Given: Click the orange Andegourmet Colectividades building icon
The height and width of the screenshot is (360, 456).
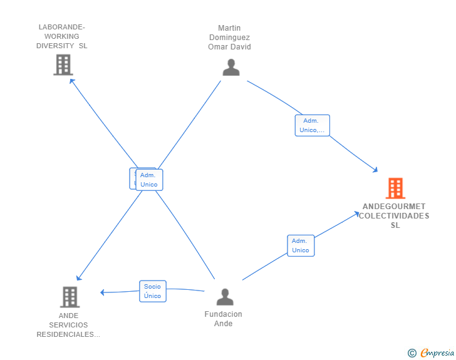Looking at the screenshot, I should pyautogui.click(x=395, y=188).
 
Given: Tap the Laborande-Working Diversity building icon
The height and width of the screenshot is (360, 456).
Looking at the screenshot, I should pyautogui.click(x=63, y=64).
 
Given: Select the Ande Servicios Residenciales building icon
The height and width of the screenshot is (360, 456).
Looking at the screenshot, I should pyautogui.click(x=70, y=297).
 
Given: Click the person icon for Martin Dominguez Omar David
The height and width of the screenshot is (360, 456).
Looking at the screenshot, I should pyautogui.click(x=231, y=67).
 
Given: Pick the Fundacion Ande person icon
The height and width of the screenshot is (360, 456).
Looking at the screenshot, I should pyautogui.click(x=224, y=297).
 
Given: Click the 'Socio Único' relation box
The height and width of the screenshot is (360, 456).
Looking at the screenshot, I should pyautogui.click(x=153, y=291).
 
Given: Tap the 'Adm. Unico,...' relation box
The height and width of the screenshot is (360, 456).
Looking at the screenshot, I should pyautogui.click(x=312, y=125).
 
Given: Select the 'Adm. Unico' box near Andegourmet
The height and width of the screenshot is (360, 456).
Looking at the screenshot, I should pyautogui.click(x=301, y=245).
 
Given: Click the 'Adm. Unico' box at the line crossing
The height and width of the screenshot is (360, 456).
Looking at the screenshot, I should pyautogui.click(x=149, y=180).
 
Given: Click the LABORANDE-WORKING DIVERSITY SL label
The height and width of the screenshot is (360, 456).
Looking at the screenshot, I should pyautogui.click(x=61, y=36).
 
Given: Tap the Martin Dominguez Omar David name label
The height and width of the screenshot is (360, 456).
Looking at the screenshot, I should pyautogui.click(x=229, y=38).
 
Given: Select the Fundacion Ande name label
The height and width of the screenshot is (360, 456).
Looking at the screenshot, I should pyautogui.click(x=224, y=319).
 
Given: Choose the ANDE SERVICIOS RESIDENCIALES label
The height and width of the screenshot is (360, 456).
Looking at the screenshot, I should pyautogui.click(x=68, y=325).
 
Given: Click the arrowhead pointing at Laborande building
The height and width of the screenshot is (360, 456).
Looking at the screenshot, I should pyautogui.click(x=71, y=80).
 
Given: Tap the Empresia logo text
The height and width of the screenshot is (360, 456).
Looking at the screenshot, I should pyautogui.click(x=438, y=353).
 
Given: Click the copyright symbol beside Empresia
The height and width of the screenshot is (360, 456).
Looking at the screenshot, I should pyautogui.click(x=412, y=353).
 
